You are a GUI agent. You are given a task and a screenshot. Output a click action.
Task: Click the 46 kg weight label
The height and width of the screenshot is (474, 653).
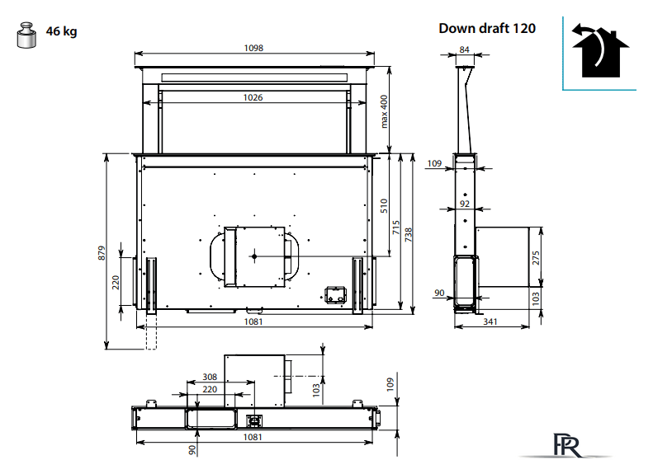click(x=61, y=31)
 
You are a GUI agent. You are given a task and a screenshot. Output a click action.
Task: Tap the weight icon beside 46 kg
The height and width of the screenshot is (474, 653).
click(x=26, y=35)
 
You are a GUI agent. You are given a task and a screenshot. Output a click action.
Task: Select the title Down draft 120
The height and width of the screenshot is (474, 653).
click(x=487, y=28)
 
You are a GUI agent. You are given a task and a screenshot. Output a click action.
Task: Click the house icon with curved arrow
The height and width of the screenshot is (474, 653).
click(x=599, y=52)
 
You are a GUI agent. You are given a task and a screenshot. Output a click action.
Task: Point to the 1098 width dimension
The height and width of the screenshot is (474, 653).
click(x=253, y=48)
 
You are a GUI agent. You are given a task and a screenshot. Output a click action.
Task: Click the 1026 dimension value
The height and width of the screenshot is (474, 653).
click(x=253, y=97)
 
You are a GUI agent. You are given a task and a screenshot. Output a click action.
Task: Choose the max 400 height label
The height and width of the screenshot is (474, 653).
click(x=384, y=111)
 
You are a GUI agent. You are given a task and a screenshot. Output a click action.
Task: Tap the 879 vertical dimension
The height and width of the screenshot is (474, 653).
click(x=102, y=253)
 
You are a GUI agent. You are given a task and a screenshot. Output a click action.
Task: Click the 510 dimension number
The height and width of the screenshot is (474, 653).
click(x=384, y=206)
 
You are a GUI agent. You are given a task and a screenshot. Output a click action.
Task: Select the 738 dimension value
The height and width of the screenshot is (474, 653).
click(x=409, y=234)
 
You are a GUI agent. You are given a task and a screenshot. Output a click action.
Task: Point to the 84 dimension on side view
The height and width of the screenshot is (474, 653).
click(x=464, y=49)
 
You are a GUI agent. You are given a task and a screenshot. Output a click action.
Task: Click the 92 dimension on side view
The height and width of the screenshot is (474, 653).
click(x=465, y=204)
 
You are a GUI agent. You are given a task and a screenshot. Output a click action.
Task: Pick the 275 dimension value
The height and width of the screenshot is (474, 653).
click(x=536, y=258)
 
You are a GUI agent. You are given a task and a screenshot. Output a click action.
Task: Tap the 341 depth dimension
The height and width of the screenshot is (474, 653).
click(x=490, y=321)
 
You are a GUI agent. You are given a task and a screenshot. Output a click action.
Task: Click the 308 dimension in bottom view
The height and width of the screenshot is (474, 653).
click(x=210, y=377)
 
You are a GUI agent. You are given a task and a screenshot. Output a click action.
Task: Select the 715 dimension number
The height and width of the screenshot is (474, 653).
click(x=396, y=228)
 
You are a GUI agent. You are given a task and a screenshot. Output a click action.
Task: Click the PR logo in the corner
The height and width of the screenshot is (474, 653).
click(x=567, y=445)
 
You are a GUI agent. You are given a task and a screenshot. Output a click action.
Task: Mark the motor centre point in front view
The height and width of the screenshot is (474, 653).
click(x=254, y=256)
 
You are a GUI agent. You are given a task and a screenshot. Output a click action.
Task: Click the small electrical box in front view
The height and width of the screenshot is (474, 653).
click(x=335, y=295)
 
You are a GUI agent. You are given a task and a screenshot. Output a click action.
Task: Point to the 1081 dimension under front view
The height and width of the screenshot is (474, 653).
click(x=253, y=321)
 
